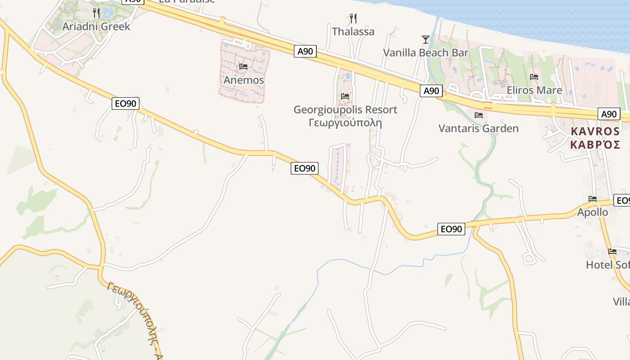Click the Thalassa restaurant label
pyautogui.click(x=353, y=31)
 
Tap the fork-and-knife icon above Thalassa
pyautogui.click(x=353, y=18)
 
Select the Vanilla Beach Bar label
pyautogui.click(x=425, y=53)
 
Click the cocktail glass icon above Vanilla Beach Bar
pyautogui.click(x=425, y=40)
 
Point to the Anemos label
pyautogui.click(x=243, y=80)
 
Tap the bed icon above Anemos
pyautogui.click(x=243, y=67)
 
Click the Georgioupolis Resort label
pyautogui.click(x=345, y=109)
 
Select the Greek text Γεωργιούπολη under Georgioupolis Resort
pyautogui.click(x=345, y=122)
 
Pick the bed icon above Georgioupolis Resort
pyautogui.click(x=345, y=96)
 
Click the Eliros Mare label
pyautogui.click(x=534, y=90)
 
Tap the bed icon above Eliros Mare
pyautogui.click(x=534, y=77)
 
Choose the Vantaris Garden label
pyautogui.click(x=478, y=129)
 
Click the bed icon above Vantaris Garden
pyautogui.click(x=479, y=116)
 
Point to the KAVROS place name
pyautogui.click(x=595, y=131)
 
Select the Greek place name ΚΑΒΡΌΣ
pyautogui.click(x=595, y=144)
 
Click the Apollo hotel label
pyautogui.click(x=593, y=212)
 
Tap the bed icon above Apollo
pyautogui.click(x=593, y=199)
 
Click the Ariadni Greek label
pyautogui.click(x=96, y=26)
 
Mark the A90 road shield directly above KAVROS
pyautogui.click(x=609, y=114)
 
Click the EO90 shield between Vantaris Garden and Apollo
pyautogui.click(x=451, y=229)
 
